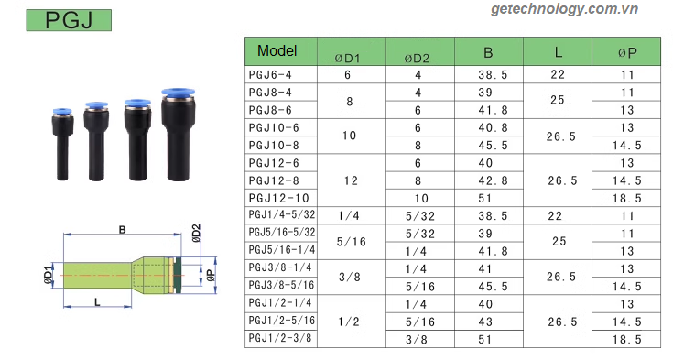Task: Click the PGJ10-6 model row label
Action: point(274,127)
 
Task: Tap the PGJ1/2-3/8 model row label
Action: point(281,338)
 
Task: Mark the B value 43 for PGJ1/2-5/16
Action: point(485,321)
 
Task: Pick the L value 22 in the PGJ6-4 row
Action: point(558,75)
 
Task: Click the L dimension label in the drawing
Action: point(97,302)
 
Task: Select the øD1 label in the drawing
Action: point(46,272)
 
